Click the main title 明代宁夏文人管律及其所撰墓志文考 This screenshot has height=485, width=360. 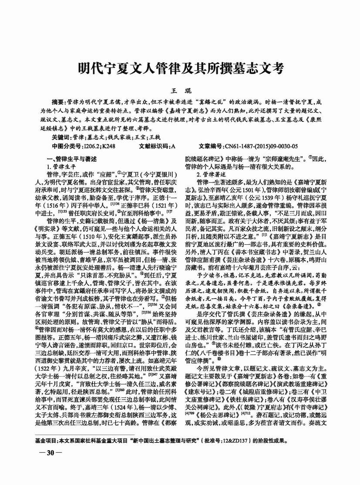click(x=180, y=68)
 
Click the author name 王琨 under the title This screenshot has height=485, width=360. click(x=180, y=90)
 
